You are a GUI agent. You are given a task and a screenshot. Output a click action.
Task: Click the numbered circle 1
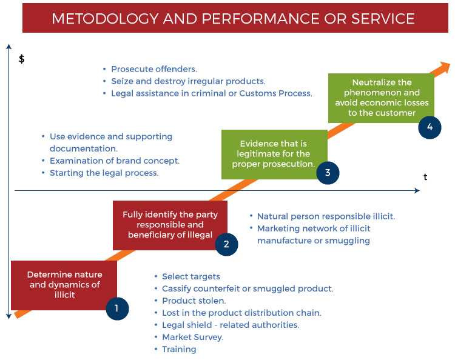[x=117, y=308]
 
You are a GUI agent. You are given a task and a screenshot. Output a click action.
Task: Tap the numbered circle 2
[x=226, y=244]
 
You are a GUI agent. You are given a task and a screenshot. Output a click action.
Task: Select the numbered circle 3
[x=328, y=173]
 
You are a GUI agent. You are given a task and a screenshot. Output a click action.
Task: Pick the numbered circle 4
[x=430, y=127]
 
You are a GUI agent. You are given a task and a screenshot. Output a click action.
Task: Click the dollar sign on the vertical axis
[x=22, y=59]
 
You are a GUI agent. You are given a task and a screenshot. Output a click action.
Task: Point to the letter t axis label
[x=425, y=177]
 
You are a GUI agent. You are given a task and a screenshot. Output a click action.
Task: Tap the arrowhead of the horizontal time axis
[x=417, y=190]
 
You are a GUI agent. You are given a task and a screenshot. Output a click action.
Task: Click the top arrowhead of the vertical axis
[x=9, y=47]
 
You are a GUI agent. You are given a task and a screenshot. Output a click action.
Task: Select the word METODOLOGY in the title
[x=105, y=19]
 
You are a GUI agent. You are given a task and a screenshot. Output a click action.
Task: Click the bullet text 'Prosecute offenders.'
[x=154, y=69]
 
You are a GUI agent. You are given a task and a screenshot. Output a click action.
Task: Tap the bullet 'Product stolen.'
[x=194, y=301]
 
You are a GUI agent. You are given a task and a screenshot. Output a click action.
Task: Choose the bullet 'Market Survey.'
[x=193, y=337]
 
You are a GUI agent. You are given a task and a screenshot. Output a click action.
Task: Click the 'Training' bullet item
[x=179, y=349]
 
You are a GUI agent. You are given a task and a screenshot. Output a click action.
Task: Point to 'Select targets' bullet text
[x=191, y=276]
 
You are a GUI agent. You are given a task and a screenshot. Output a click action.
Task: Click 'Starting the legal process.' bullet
[x=104, y=173]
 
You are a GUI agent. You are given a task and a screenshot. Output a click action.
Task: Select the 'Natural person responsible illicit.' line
[x=326, y=216]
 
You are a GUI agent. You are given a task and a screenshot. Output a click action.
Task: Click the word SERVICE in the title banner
[x=383, y=19]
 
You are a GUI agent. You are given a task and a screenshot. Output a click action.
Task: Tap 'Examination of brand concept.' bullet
[x=115, y=161]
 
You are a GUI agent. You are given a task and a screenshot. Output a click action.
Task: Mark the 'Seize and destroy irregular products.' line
[x=188, y=81]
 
